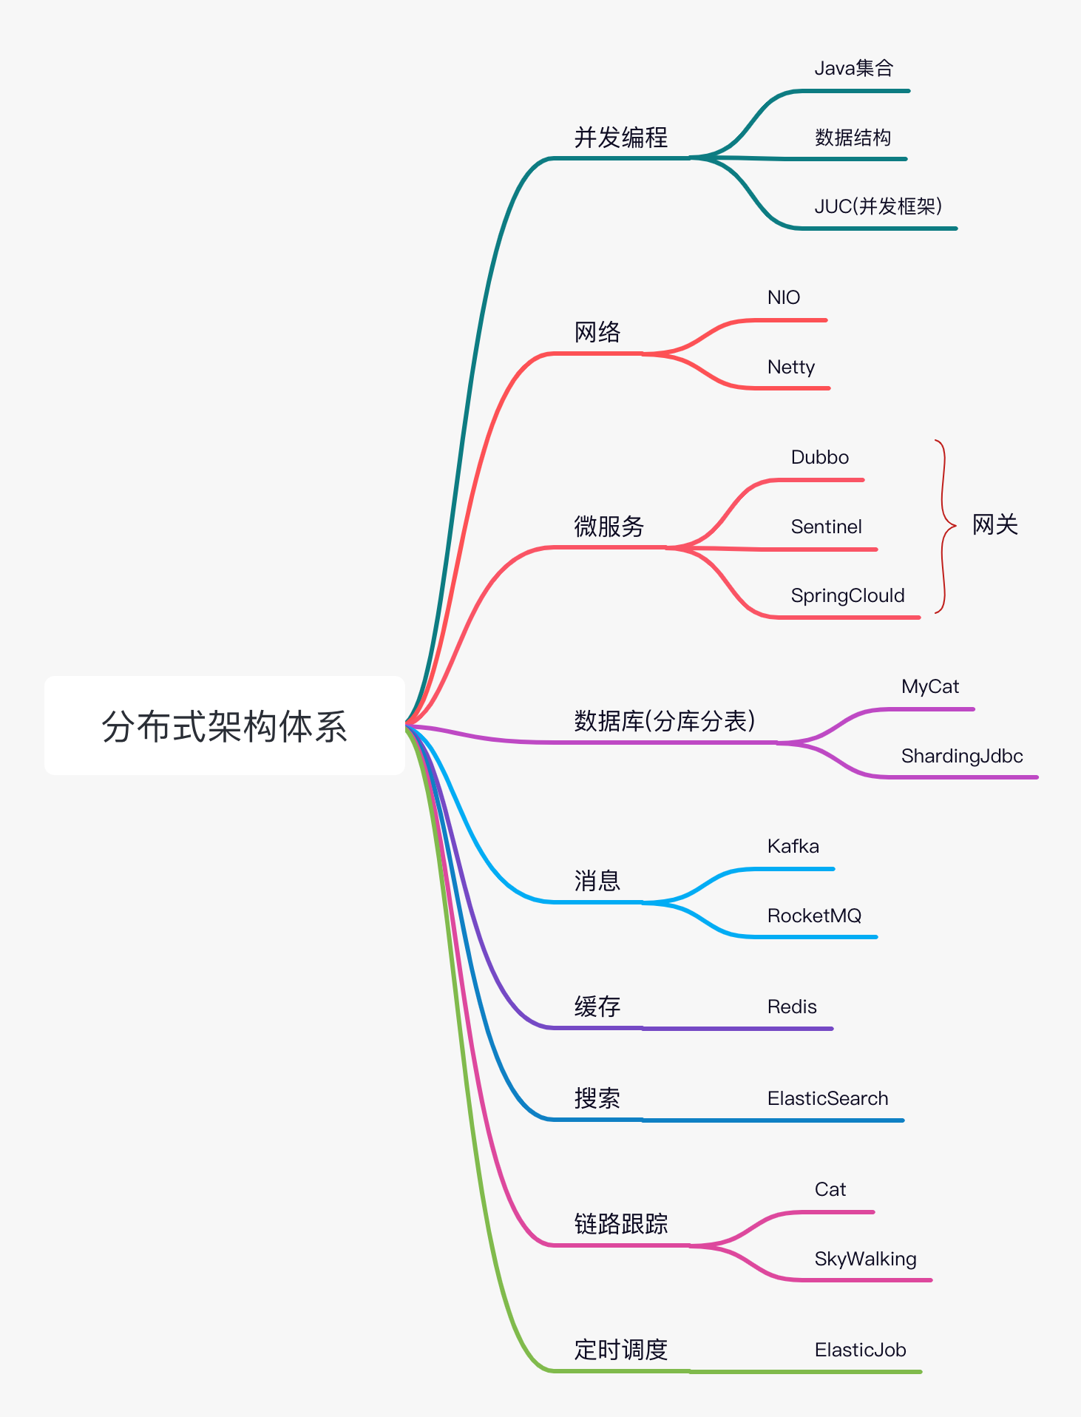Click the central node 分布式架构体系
click(224, 726)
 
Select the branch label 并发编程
click(620, 138)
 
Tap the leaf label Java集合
click(854, 69)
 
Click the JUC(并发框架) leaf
click(878, 206)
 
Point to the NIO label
click(784, 297)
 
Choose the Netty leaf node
click(791, 367)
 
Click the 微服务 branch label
click(609, 527)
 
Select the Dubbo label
click(819, 457)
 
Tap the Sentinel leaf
click(826, 527)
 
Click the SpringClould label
click(847, 595)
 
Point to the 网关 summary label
click(994, 525)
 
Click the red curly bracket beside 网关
click(943, 526)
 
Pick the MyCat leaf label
click(929, 686)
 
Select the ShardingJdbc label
click(961, 756)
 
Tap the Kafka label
click(793, 846)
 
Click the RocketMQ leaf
click(814, 916)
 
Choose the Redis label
click(792, 1007)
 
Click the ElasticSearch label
click(827, 1098)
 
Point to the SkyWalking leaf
click(865, 1259)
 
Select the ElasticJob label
click(860, 1350)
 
